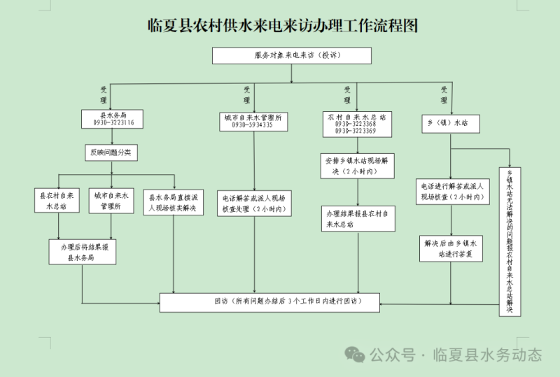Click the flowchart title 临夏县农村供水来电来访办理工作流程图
click(x=283, y=27)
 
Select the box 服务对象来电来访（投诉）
click(x=292, y=55)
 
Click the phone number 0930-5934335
click(x=252, y=125)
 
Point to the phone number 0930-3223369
click(x=356, y=131)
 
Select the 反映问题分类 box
click(x=110, y=152)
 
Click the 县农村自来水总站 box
click(x=57, y=201)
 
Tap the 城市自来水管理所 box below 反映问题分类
click(x=111, y=201)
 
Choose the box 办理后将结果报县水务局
click(x=82, y=252)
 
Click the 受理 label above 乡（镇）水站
click(x=444, y=94)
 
